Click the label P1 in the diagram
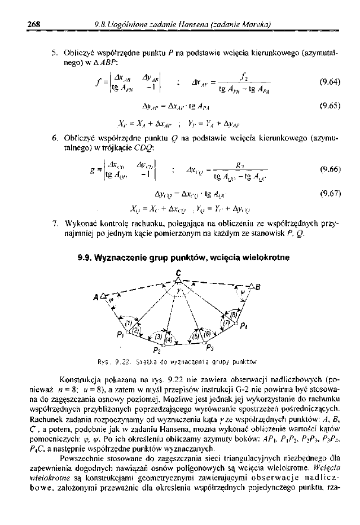click(x=120, y=335)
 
